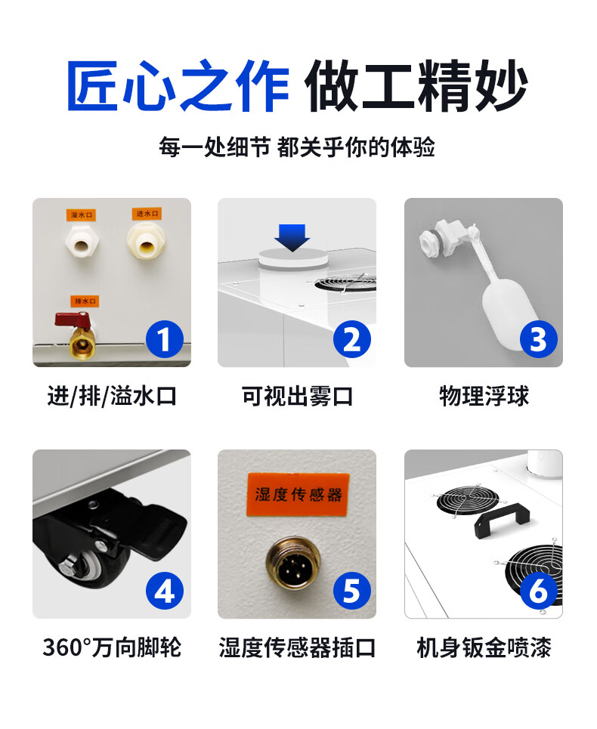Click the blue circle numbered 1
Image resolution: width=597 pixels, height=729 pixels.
pyautogui.click(x=165, y=339)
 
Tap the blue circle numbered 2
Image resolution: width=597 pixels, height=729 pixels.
pyautogui.click(x=352, y=339)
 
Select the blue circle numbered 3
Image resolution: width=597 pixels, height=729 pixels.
pyautogui.click(x=538, y=339)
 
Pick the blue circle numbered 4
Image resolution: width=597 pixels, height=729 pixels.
pyautogui.click(x=165, y=591)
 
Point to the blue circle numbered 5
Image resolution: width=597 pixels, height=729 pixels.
pyautogui.click(x=352, y=591)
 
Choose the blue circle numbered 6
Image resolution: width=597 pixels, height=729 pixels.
pyautogui.click(x=538, y=591)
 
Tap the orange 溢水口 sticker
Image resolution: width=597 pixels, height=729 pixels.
pyautogui.click(x=82, y=215)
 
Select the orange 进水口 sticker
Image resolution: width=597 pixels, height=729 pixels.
pyautogui.click(x=147, y=213)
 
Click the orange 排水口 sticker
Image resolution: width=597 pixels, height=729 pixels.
pyautogui.click(x=85, y=301)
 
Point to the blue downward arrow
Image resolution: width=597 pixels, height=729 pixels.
pyautogui.click(x=292, y=237)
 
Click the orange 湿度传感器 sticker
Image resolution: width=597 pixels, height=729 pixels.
pyautogui.click(x=298, y=495)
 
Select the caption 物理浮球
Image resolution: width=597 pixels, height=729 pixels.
pyautogui.click(x=484, y=396)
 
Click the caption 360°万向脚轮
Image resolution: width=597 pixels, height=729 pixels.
pyautogui.click(x=112, y=647)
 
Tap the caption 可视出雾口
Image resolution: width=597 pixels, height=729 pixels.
pyautogui.click(x=297, y=396)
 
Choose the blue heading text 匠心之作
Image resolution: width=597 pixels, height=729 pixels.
pyautogui.click(x=178, y=85)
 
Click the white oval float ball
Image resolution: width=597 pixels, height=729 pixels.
pyautogui.click(x=505, y=309)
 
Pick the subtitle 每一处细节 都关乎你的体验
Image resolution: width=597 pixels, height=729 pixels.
pyautogui.click(x=297, y=147)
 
